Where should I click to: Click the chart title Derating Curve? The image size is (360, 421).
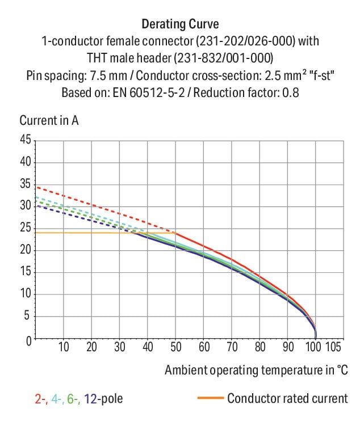click(179, 24)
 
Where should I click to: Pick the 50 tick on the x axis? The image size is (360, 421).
click(175, 347)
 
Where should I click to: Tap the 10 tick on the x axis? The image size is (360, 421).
click(64, 347)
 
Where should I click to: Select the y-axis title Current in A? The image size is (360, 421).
click(49, 120)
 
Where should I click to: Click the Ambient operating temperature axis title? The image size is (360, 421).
click(256, 371)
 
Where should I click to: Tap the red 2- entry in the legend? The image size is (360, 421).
click(40, 399)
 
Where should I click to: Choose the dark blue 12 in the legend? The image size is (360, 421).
click(90, 399)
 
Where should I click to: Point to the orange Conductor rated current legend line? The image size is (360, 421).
click(210, 398)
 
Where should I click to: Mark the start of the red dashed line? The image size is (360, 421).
click(36, 187)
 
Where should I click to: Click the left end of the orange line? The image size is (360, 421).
click(36, 233)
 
